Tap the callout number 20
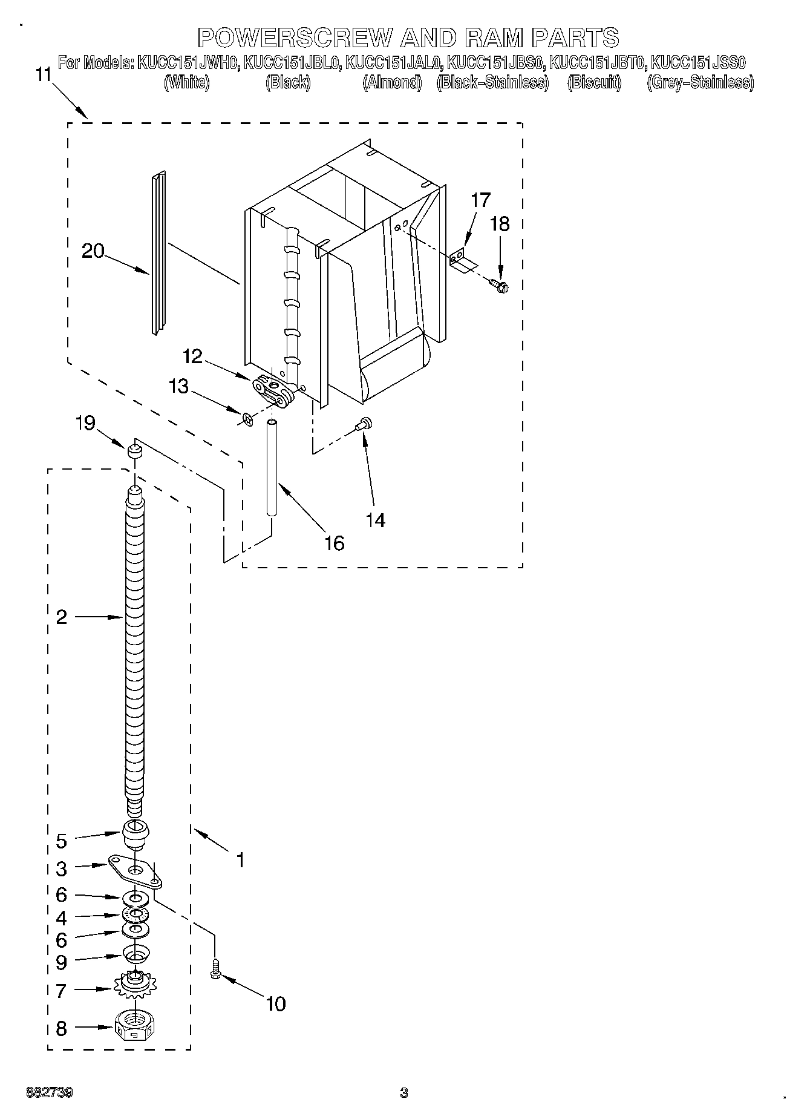click(93, 251)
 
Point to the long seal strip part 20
click(158, 253)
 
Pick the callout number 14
click(376, 519)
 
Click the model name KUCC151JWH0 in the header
click(188, 62)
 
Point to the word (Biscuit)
click(594, 83)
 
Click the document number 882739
click(50, 1093)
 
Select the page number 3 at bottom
click(404, 1093)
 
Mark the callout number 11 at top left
click(43, 75)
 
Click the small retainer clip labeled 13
click(246, 418)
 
